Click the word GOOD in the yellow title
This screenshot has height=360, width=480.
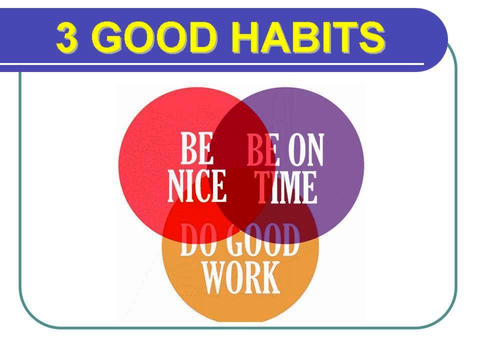pos(156,37)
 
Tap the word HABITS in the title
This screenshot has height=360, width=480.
pos(308,37)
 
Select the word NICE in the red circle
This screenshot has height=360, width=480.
pos(197,186)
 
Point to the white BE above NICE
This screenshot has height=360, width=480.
pos(197,148)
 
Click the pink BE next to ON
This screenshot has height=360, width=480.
pos(263,149)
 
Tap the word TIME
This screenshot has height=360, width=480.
pos(285,187)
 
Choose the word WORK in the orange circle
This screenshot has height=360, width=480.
pos(241,277)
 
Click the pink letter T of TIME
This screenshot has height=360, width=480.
pos(262,187)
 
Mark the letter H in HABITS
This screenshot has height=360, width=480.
pos(245,37)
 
